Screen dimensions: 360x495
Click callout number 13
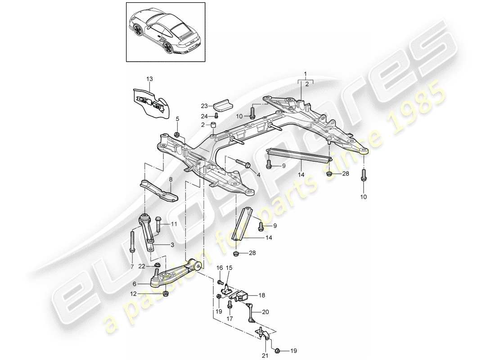point(149,79)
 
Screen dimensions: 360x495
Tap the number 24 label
point(205,116)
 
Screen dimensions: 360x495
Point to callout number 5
point(177,119)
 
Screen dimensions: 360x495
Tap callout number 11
point(174,224)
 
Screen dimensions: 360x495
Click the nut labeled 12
point(166,294)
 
